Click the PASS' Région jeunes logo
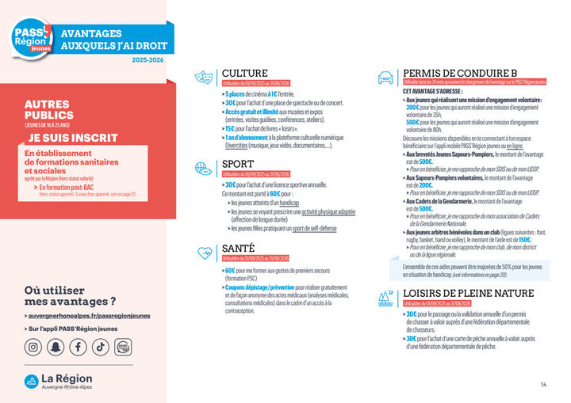pos(33,36)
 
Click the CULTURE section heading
pos(245,73)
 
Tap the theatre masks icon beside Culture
pos(203,77)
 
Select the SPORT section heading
pos(239,165)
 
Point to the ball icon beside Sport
pos(203,169)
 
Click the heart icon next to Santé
pos(203,253)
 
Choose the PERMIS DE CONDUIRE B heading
pos(460,73)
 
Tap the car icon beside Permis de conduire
pos(385,77)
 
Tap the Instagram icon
pos(33,346)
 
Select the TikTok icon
pos(101,346)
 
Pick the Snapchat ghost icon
pos(56,346)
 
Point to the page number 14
pos(544,385)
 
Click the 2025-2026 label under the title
pos(150,60)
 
